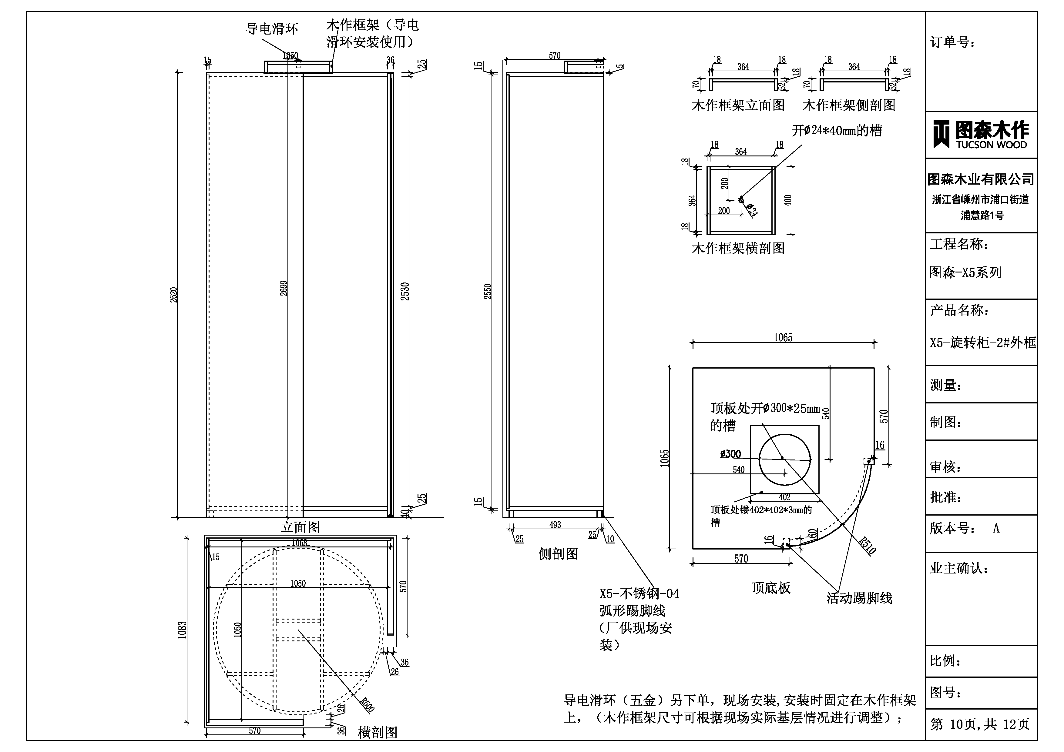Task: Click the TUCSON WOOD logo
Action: coord(981,134)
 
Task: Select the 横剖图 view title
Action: coord(378,732)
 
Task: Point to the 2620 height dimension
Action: coord(173,295)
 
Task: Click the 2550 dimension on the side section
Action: coord(488,291)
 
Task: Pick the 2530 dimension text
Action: coord(405,291)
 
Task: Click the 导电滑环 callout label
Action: coord(272,29)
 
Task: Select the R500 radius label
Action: coord(367,705)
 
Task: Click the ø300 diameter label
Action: coord(730,454)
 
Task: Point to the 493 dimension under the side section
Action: coord(555,525)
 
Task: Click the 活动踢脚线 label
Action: coord(859,598)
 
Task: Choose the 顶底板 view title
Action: coord(771,588)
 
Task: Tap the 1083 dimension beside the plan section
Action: coord(182,630)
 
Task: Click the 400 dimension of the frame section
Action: coord(788,200)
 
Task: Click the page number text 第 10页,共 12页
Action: coord(980,724)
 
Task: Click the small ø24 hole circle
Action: coord(740,200)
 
